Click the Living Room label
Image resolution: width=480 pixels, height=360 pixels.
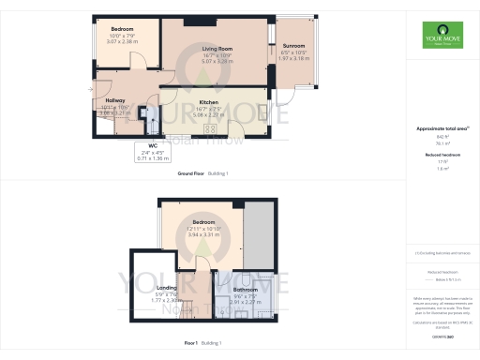pyautogui.click(x=218, y=47)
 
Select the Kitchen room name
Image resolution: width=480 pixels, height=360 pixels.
pyautogui.click(x=208, y=101)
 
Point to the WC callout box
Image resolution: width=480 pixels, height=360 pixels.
pyautogui.click(x=144, y=153)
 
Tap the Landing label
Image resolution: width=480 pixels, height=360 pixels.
pyautogui.click(x=167, y=288)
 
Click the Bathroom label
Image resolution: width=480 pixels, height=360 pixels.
pyautogui.click(x=245, y=291)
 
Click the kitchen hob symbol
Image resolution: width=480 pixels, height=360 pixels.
pyautogui.click(x=210, y=130)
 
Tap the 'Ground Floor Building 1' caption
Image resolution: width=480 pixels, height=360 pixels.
pyautogui.click(x=202, y=174)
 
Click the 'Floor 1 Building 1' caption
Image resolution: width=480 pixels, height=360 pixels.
pyautogui.click(x=204, y=344)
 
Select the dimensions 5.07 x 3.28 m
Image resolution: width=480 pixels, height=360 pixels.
pyautogui.click(x=218, y=61)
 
